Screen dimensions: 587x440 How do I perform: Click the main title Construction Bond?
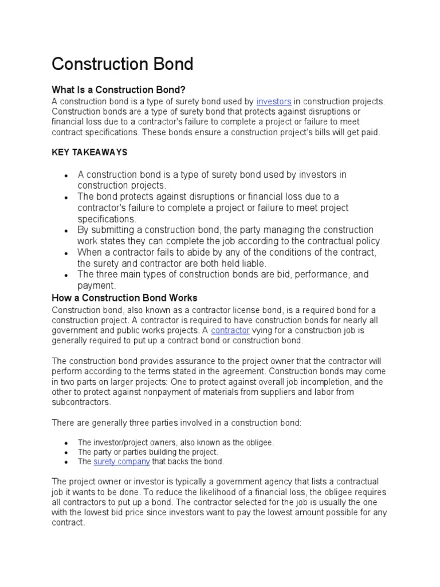[x=122, y=64]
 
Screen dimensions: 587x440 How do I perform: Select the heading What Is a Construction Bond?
[x=119, y=89]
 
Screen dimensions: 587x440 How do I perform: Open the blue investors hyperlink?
[x=274, y=101]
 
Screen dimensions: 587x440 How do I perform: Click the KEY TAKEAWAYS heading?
[x=89, y=152]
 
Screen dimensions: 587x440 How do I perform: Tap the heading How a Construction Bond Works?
[x=124, y=298]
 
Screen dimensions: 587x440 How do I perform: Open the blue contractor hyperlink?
[x=230, y=330]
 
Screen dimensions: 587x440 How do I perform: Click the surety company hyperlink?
[x=122, y=461]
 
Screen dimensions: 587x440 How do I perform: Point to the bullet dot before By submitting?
[x=67, y=230]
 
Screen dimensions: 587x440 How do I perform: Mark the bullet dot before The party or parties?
[x=67, y=452]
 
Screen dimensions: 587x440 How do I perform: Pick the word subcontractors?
[x=80, y=402]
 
